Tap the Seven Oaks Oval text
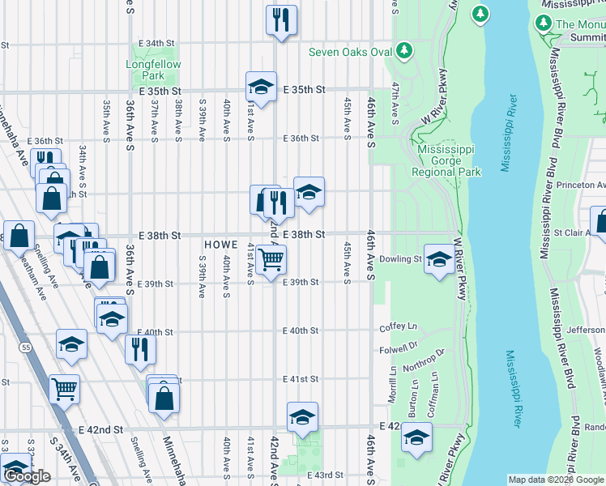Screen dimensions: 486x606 (350, 53)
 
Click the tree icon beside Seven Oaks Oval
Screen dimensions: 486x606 (403, 53)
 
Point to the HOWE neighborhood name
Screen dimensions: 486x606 (220, 244)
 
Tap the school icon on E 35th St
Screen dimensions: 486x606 (262, 86)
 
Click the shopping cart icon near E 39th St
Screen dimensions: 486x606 (271, 259)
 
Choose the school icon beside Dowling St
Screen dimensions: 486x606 (439, 258)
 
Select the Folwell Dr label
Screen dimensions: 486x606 (397, 350)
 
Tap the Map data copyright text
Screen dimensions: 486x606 (556, 480)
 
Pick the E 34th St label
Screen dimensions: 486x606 (156, 43)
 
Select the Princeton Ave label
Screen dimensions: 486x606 (578, 185)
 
